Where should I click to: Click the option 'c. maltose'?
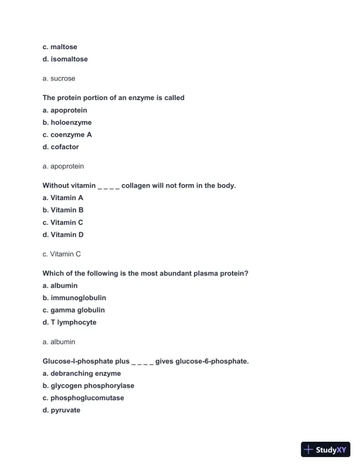click(x=60, y=47)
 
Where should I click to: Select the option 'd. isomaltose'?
click(x=65, y=59)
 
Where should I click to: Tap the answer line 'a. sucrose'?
click(x=59, y=78)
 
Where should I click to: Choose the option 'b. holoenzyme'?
click(x=67, y=123)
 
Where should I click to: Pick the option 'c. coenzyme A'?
click(x=67, y=134)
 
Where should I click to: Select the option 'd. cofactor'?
click(x=60, y=147)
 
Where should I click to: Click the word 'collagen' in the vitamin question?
click(x=136, y=185)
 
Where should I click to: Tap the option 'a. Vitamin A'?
click(x=63, y=198)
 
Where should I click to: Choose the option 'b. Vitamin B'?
click(x=63, y=210)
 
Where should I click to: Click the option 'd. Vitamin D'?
click(x=63, y=234)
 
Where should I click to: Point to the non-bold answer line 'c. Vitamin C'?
click(x=62, y=254)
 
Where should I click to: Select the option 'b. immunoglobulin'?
click(x=74, y=298)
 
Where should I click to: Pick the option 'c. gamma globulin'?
click(x=73, y=310)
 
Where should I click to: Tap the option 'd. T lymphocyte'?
click(x=69, y=322)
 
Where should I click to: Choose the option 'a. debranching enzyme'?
click(x=82, y=374)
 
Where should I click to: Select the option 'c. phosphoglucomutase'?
click(x=83, y=398)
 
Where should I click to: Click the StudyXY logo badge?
click(x=325, y=450)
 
